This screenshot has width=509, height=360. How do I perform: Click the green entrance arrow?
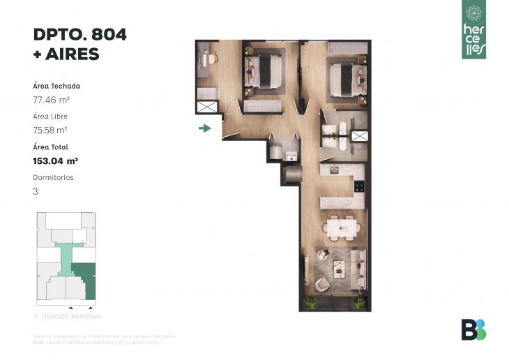pos(205,128)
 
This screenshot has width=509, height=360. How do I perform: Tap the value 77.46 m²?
pos(52,100)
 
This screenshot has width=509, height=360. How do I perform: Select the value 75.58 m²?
pos(50,130)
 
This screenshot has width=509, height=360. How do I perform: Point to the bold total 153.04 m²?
pos(55,160)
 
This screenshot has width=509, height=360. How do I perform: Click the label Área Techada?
pos(56,87)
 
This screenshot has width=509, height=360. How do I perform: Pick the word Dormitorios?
pos(53,177)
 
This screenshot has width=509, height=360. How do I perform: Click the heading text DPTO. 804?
pos(80,35)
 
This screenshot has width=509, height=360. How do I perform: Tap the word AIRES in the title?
pos(73,54)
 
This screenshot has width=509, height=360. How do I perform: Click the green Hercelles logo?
pos(473,29)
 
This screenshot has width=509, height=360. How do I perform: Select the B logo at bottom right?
pos(473,329)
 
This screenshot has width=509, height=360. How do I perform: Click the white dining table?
pos(342,226)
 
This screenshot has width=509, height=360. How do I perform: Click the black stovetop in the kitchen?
pos(358,186)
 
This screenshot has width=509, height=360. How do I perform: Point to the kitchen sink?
pos(333,170)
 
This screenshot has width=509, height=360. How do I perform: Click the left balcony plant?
pos(311,303)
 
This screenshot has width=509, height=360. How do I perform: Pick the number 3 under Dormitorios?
pos(36,190)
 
